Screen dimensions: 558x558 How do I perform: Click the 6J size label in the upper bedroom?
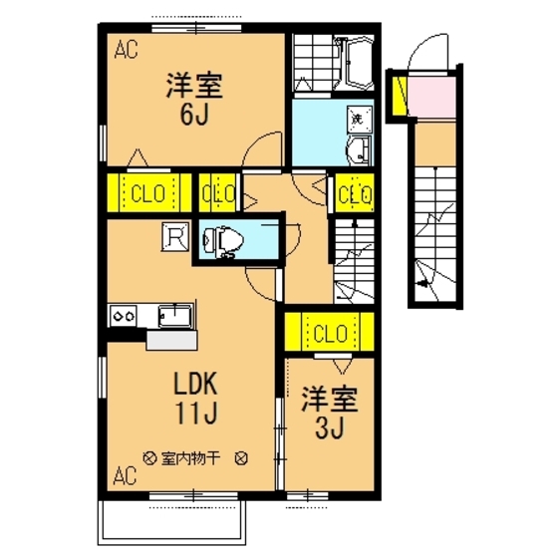tap(193, 115)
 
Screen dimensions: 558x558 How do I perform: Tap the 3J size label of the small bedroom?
tap(330, 430)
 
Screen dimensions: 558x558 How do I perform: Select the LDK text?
tap(197, 383)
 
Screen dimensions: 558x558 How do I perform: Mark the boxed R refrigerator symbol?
tap(174, 237)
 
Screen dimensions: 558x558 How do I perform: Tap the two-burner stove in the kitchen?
tap(126, 316)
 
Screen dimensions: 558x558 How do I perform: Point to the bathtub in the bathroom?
tap(354, 62)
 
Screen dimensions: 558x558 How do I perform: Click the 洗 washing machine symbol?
tap(357, 119)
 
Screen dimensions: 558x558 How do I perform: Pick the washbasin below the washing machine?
tap(357, 150)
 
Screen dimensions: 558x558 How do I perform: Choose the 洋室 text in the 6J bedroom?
tap(193, 85)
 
